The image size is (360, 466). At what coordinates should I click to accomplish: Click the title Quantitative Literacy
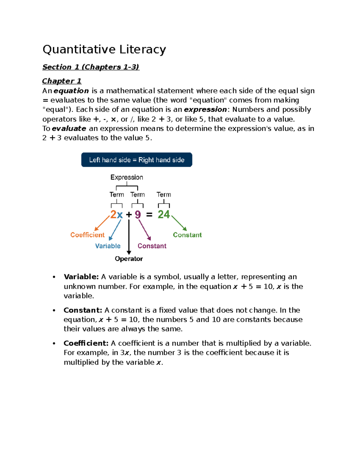click(x=104, y=50)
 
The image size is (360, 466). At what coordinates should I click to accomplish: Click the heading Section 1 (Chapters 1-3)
click(x=91, y=67)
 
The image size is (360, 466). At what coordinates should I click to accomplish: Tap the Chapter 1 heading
click(x=61, y=81)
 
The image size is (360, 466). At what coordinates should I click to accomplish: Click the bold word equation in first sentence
click(x=71, y=91)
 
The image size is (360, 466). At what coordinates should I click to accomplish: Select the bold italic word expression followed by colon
click(x=205, y=109)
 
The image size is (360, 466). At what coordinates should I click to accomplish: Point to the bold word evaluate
click(x=69, y=128)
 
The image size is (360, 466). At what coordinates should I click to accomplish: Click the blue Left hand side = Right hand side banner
click(x=136, y=160)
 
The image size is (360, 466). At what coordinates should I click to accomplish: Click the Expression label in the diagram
click(x=127, y=177)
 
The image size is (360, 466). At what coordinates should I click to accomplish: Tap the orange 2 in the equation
click(x=113, y=215)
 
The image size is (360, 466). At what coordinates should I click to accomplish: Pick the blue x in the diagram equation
click(x=120, y=215)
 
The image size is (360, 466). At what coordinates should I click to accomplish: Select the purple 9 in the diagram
click(x=138, y=215)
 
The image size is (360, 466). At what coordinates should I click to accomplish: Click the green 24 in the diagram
click(x=164, y=214)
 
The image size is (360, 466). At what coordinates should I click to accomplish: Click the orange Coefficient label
click(x=87, y=235)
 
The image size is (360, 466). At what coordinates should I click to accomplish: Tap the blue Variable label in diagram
click(x=108, y=246)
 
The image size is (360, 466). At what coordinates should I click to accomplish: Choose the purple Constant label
click(x=152, y=246)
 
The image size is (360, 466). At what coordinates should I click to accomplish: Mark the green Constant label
click(x=187, y=235)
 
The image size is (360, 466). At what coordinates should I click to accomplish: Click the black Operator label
click(x=129, y=259)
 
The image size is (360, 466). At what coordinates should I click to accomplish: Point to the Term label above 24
click(x=164, y=194)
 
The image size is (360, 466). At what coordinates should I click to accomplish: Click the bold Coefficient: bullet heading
click(x=86, y=343)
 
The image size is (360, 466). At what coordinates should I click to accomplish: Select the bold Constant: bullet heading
click(x=83, y=310)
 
